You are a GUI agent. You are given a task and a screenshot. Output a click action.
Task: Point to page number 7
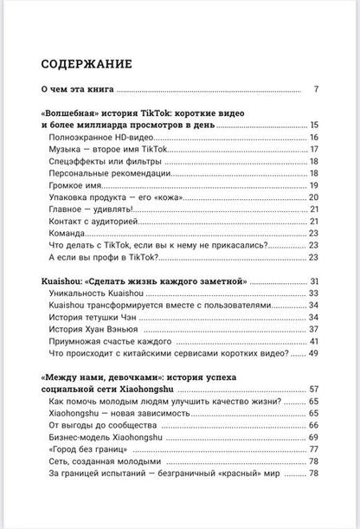click(318, 89)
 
